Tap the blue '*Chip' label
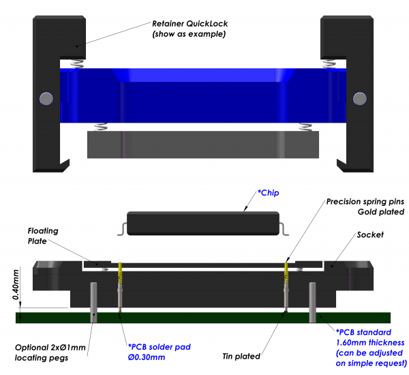tap(268, 194)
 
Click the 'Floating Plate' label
tap(43, 235)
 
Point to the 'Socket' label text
tap(370, 235)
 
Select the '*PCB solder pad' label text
tap(159, 346)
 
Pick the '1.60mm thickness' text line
tap(370, 342)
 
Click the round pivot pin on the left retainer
tap(46, 98)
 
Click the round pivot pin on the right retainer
tap(359, 98)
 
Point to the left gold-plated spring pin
tap(119, 275)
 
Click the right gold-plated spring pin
tap(287, 275)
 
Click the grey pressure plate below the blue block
tap(203, 144)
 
